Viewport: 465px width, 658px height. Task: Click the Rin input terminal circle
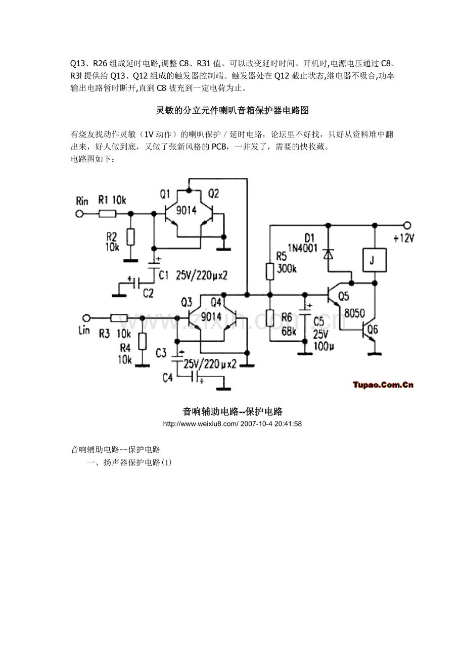point(79,214)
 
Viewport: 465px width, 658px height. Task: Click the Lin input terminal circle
point(86,318)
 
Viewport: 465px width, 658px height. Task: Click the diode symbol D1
point(328,255)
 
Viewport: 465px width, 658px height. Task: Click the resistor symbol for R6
point(270,318)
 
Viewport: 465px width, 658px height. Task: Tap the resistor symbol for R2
point(131,237)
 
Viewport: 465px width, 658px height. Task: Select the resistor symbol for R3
point(119,318)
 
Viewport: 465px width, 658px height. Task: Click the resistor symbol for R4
point(143,341)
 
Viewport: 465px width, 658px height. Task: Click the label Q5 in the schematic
point(344,296)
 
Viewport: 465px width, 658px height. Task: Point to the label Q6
point(373,330)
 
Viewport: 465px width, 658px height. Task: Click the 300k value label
point(287,269)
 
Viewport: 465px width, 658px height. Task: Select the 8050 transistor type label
point(354,313)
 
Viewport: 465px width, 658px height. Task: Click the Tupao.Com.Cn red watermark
point(383,385)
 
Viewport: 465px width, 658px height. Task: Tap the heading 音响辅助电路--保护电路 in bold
point(232,411)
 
